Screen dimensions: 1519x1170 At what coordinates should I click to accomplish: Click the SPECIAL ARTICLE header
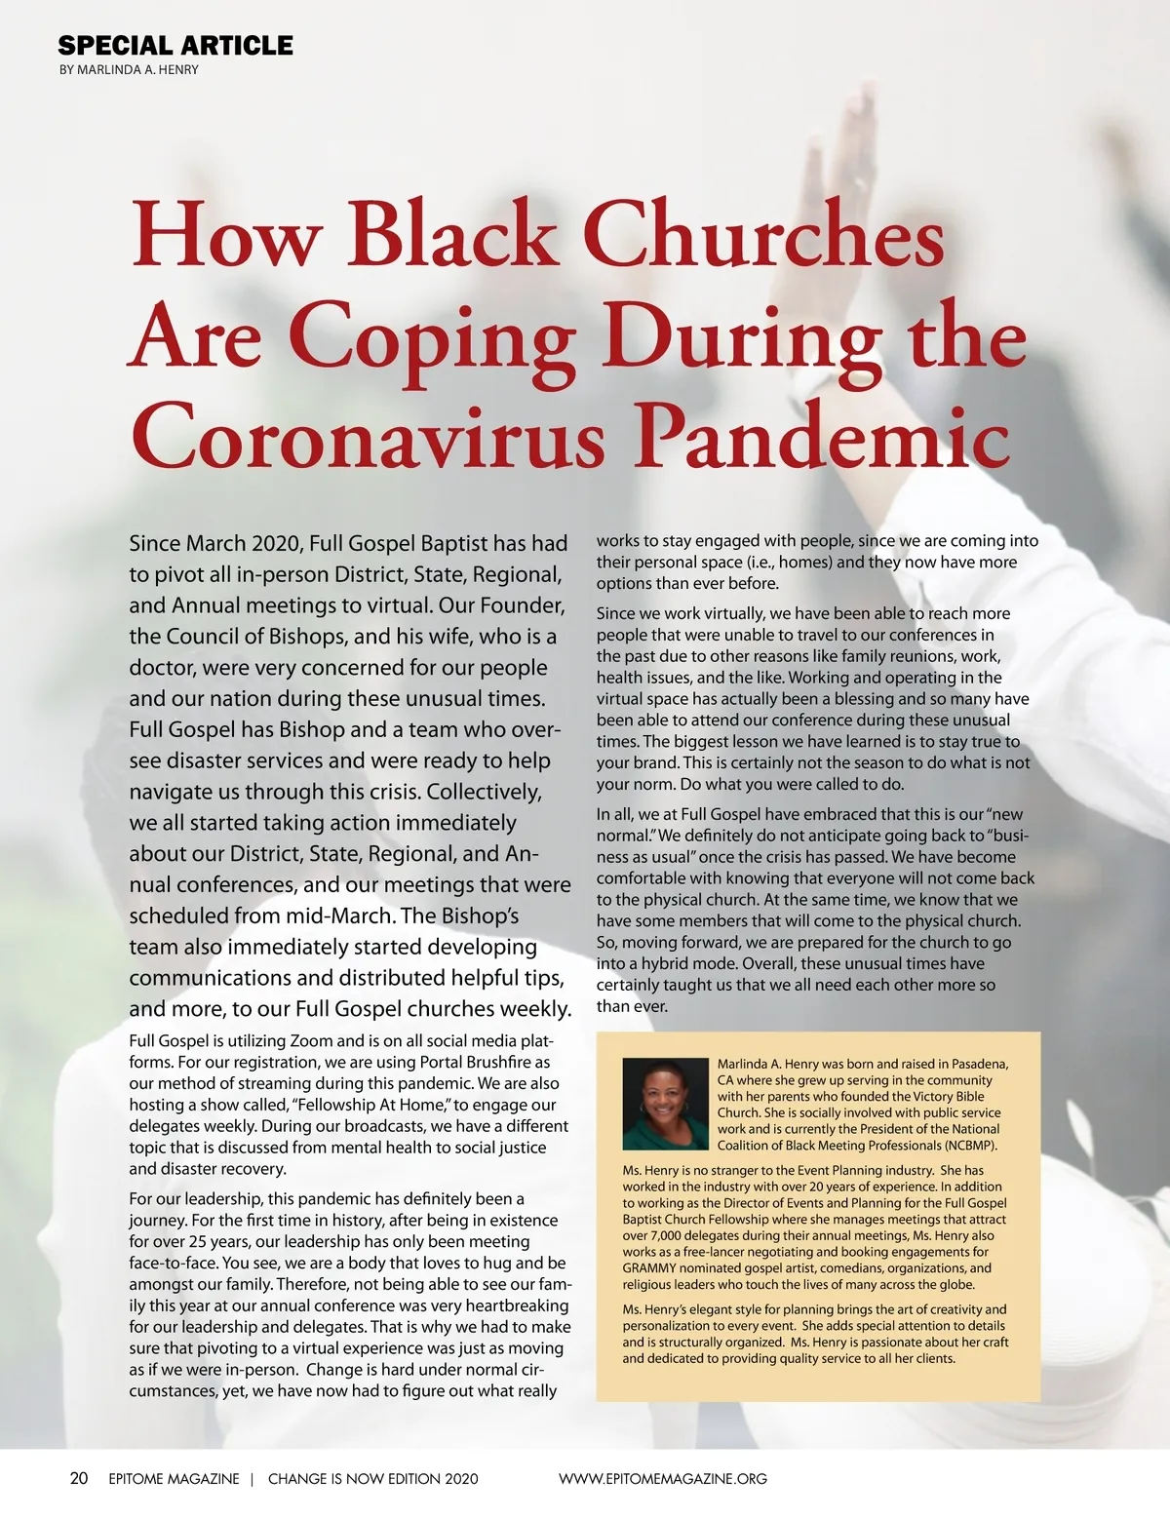pos(175,46)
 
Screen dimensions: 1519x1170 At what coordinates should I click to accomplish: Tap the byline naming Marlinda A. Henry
pos(129,70)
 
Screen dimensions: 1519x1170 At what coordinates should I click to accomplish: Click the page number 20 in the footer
pos(79,1478)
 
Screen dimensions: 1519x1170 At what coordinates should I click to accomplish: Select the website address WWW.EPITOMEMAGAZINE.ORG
pos(663,1479)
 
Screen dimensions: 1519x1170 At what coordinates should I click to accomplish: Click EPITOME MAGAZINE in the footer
pos(174,1479)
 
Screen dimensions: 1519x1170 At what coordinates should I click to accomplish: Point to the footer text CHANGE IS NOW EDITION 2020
pos(373,1479)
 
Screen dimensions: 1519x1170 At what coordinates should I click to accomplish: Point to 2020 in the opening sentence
pos(276,543)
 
